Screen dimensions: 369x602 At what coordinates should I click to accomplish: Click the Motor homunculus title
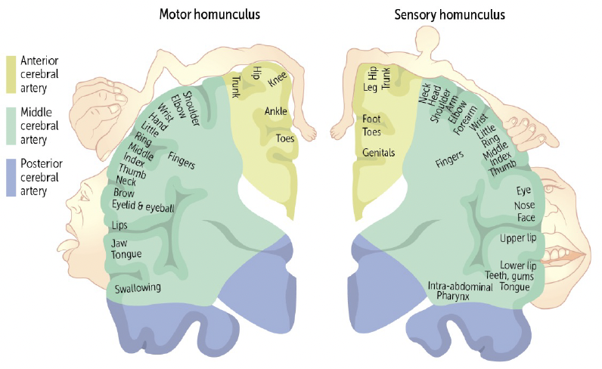[210, 14]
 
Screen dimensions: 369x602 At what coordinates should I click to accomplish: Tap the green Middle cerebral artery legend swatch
[11, 126]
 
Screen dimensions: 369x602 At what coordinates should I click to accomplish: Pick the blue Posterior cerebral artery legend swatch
[11, 177]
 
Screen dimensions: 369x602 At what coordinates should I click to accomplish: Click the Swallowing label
[138, 288]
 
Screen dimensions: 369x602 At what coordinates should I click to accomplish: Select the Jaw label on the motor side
[119, 243]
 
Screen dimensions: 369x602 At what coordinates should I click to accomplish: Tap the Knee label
[277, 80]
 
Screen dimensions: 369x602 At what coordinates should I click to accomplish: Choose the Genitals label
[379, 152]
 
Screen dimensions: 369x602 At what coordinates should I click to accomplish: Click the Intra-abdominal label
[456, 286]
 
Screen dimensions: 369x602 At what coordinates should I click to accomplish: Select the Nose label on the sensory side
[524, 204]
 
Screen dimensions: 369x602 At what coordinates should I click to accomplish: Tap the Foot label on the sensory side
[371, 119]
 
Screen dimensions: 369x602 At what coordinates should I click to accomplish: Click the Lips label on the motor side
[120, 225]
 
